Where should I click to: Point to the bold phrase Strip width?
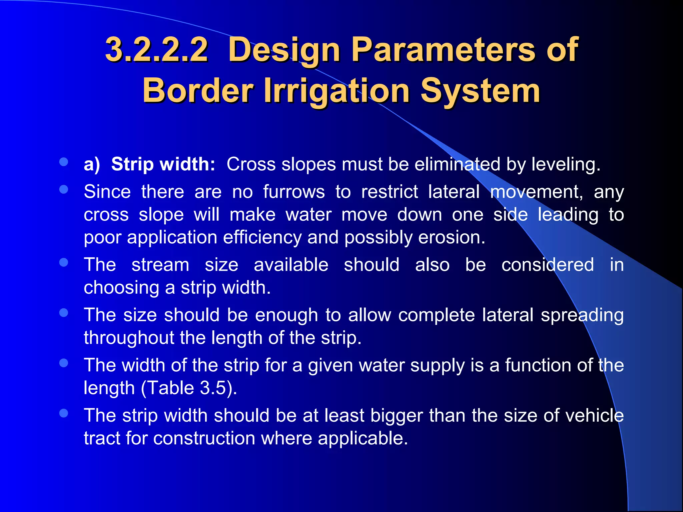[163, 164]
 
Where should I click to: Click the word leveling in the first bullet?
[566, 164]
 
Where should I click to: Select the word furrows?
[294, 192]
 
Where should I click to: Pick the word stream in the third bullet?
[160, 265]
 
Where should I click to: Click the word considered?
[548, 265]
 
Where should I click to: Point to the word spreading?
[582, 315]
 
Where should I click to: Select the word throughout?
[129, 338]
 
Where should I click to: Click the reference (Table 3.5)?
[189, 388]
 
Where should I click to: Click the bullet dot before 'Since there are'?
[63, 189]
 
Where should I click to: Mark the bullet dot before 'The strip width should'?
[63, 413]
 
